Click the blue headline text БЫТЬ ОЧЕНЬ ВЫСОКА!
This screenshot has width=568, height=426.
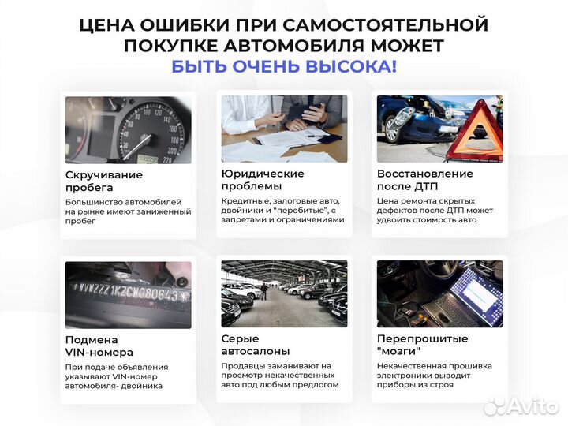284,66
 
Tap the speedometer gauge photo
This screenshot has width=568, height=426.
128,129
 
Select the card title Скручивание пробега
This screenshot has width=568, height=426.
104,181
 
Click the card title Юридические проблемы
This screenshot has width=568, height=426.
263,180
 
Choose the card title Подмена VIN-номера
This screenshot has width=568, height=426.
99,346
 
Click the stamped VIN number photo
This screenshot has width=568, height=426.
128,293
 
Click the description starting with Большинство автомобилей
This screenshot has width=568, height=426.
128,211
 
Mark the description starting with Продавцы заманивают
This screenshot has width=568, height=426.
280,376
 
